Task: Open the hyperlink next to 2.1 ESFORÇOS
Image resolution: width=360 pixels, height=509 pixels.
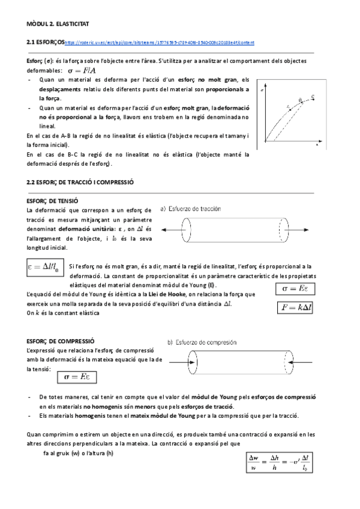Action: coord(159,43)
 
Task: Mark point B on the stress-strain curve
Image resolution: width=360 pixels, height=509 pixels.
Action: coord(300,100)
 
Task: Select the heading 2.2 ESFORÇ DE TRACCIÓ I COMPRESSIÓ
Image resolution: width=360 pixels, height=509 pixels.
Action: coord(80,181)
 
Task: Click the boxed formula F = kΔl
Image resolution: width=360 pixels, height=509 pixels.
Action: coord(299,307)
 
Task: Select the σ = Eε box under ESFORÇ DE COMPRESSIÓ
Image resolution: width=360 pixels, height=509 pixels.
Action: coord(77,377)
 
